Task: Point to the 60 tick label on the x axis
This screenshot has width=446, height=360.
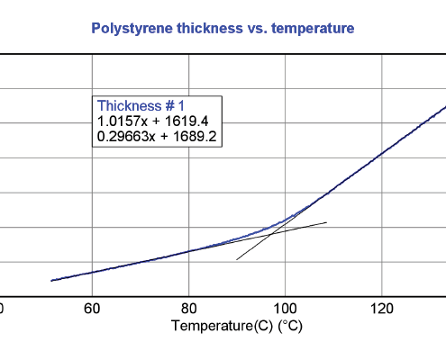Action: click(92, 309)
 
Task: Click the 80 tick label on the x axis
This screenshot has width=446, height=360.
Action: click(188, 309)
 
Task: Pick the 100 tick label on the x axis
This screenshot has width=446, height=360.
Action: click(286, 309)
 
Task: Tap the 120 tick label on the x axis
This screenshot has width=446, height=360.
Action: click(382, 309)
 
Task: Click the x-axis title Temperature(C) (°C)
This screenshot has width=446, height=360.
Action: click(237, 326)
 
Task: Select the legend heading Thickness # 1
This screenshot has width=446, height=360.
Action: click(141, 106)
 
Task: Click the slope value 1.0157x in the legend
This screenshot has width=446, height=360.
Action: click(123, 121)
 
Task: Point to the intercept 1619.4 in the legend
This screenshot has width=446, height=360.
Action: click(187, 121)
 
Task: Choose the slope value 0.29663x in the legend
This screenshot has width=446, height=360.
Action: click(126, 137)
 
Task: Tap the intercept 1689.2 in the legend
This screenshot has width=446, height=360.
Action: click(195, 137)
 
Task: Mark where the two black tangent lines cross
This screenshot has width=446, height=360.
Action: click(271, 234)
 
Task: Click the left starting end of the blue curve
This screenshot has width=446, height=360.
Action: click(51, 281)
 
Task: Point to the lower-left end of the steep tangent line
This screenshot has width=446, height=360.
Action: click(236, 260)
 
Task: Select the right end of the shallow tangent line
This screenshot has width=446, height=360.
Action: click(327, 222)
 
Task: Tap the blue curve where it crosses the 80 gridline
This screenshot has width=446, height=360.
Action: click(188, 251)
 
